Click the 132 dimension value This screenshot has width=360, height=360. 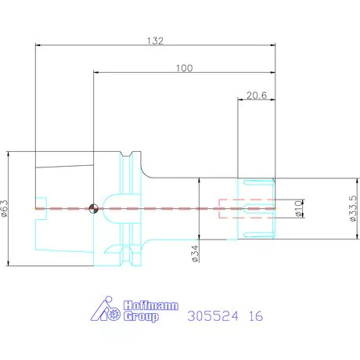155,41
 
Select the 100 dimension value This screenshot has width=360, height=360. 185,68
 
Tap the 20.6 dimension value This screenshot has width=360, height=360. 257,95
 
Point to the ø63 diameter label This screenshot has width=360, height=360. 5,208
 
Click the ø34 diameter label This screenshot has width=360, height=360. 195,254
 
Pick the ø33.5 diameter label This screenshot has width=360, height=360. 353,208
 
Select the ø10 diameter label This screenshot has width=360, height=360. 299,209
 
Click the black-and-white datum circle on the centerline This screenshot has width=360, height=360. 94,209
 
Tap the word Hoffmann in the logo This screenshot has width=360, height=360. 151,305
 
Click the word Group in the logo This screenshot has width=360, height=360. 141,316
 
